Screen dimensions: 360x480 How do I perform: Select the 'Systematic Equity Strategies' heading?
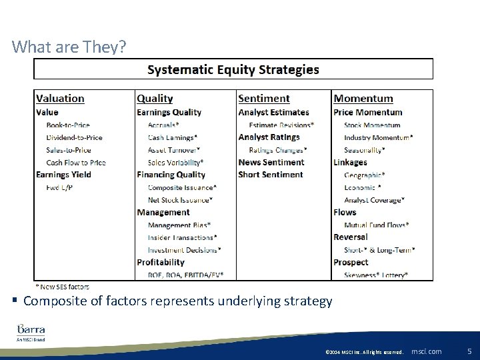[233, 69]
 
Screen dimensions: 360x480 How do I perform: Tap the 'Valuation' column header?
[60, 99]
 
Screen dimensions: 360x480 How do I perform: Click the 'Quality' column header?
[155, 99]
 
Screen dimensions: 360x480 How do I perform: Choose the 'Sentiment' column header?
[264, 99]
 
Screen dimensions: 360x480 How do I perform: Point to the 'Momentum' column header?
[363, 99]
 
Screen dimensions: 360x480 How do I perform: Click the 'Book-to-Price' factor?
[68, 125]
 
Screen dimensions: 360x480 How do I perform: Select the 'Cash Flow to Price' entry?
[76, 162]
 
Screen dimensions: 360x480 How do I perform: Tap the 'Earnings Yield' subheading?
[63, 175]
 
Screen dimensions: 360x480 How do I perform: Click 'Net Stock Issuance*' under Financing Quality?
[180, 199]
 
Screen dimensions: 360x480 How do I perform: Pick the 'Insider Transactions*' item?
[182, 237]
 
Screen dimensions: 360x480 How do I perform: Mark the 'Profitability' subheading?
[161, 262]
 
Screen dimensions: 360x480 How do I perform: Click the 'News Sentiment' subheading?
[271, 162]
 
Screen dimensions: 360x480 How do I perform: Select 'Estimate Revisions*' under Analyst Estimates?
[281, 125]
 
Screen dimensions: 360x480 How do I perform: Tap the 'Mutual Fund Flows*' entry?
[377, 225]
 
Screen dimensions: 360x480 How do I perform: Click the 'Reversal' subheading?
[351, 237]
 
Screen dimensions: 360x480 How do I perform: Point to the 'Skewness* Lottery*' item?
[376, 275]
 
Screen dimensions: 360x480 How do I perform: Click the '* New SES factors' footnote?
[62, 287]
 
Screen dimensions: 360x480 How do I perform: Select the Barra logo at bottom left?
[31, 331]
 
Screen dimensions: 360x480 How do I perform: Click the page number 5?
[469, 351]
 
